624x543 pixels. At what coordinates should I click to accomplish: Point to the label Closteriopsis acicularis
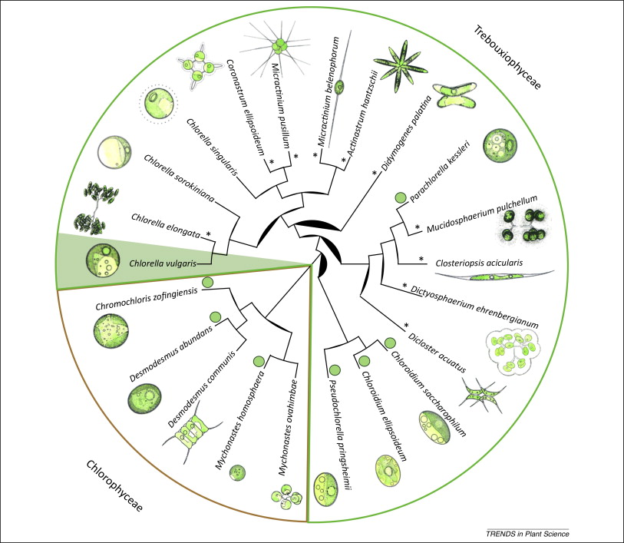click(x=480, y=261)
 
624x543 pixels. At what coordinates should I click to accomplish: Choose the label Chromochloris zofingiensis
click(x=146, y=301)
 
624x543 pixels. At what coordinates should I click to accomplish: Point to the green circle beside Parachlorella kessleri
click(x=400, y=199)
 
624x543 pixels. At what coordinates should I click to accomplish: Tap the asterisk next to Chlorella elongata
click(x=207, y=232)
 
